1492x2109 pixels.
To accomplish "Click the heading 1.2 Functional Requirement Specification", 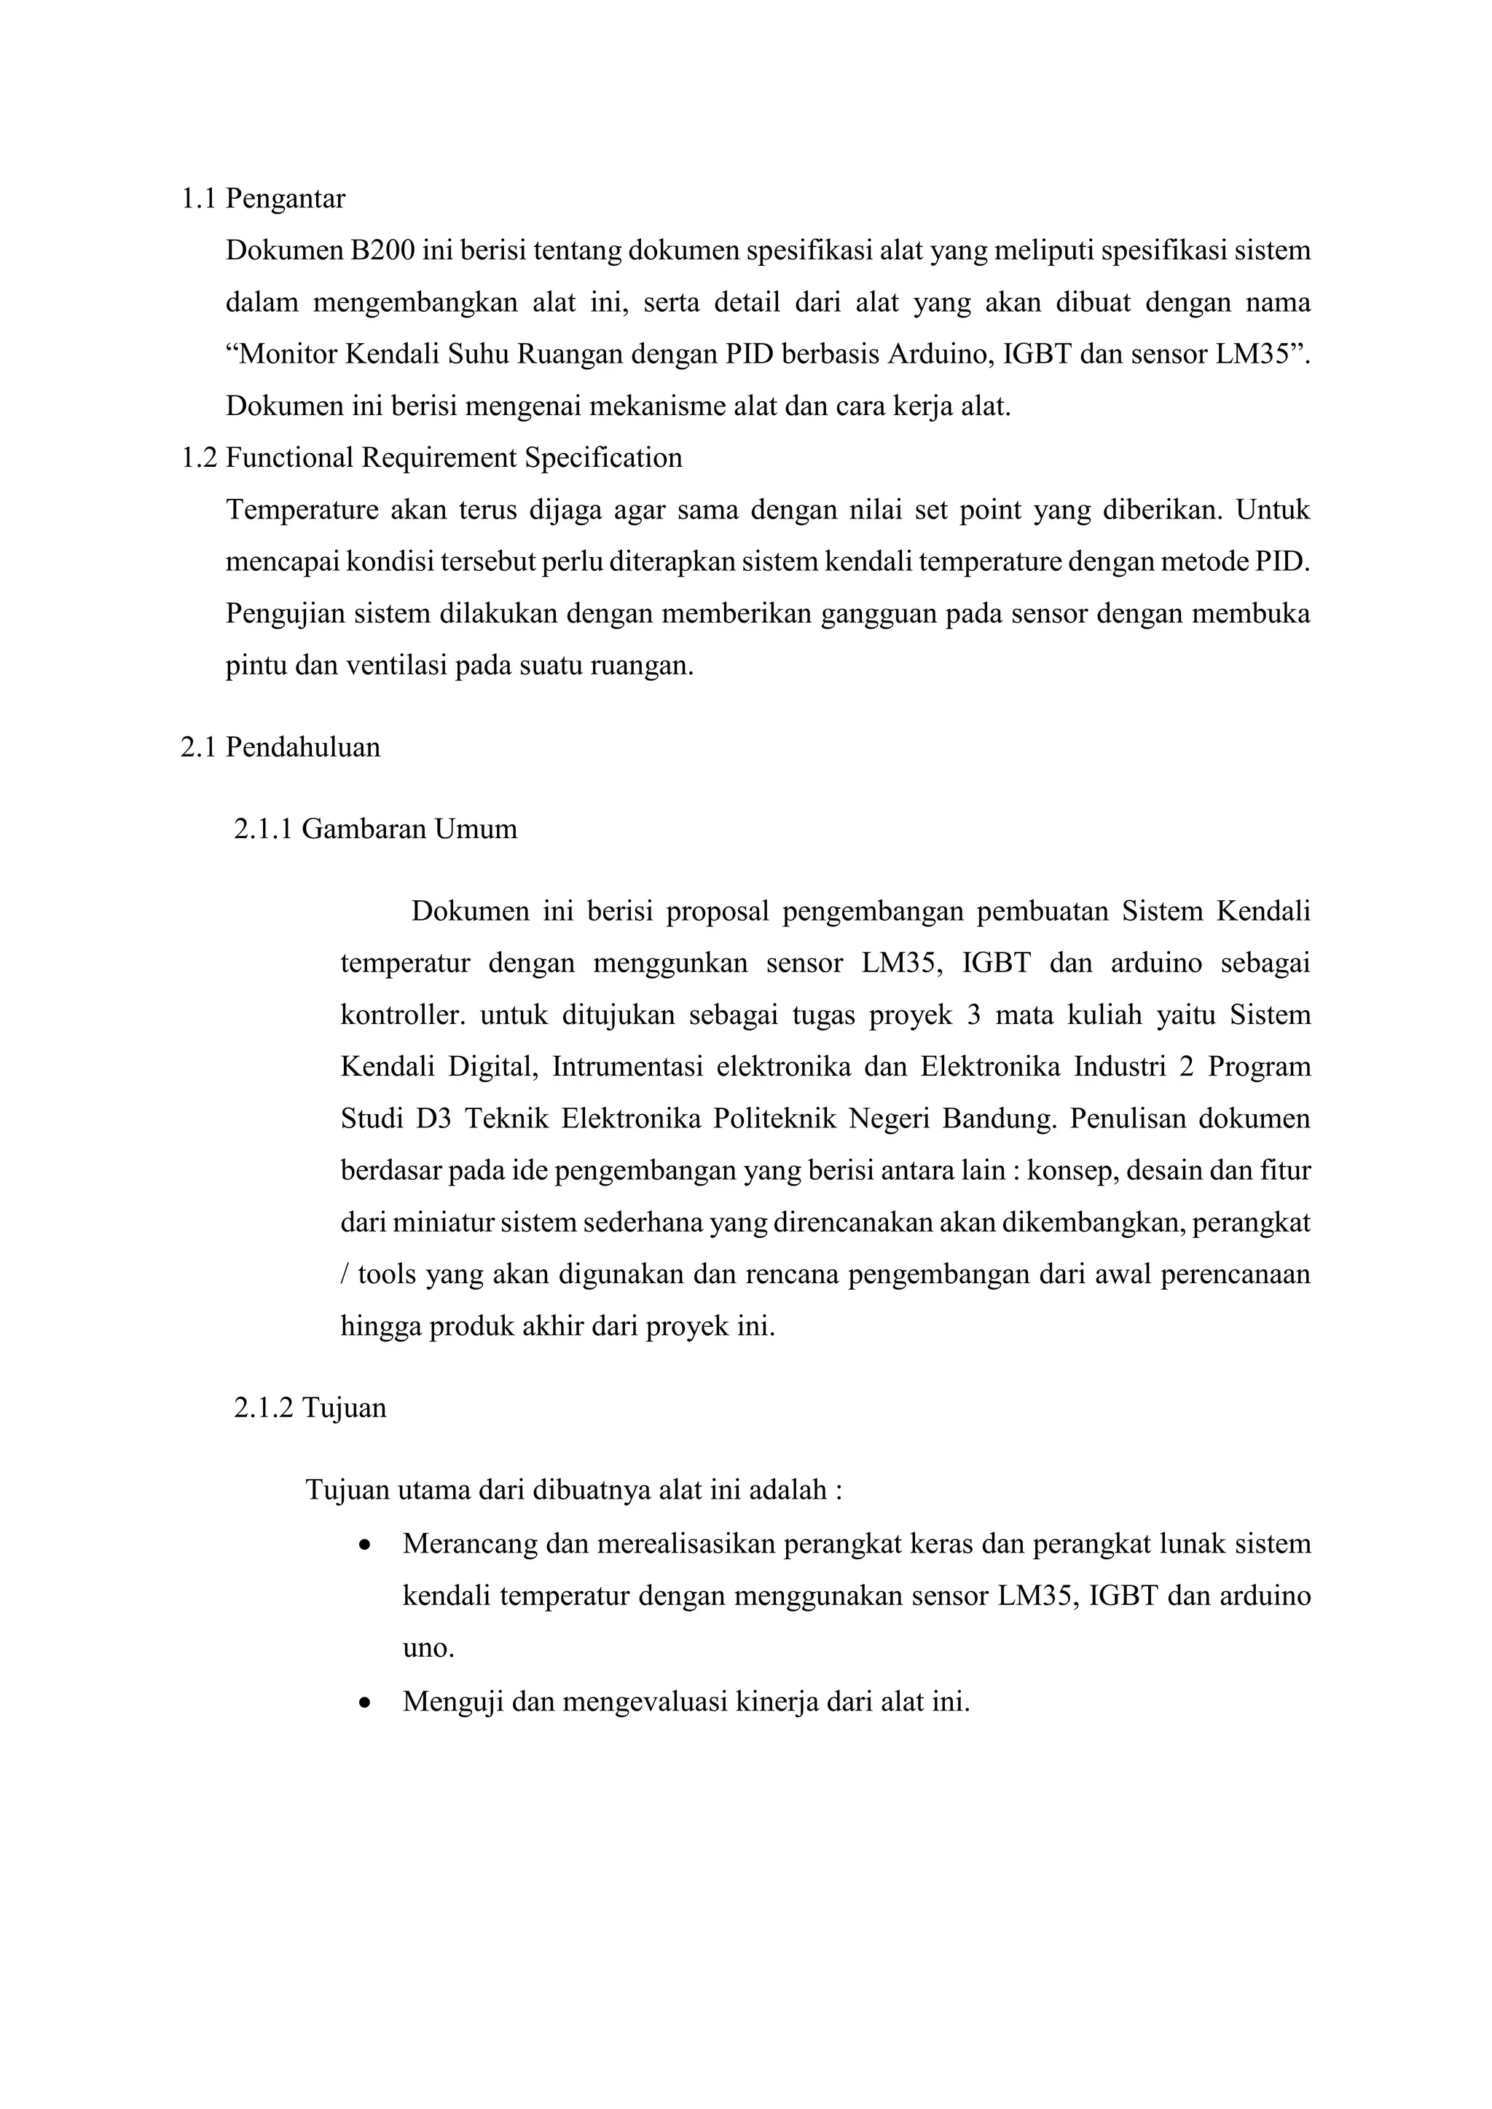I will (x=432, y=457).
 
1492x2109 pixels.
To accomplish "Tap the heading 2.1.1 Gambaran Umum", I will (x=375, y=829).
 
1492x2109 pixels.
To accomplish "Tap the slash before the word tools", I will (x=345, y=1275).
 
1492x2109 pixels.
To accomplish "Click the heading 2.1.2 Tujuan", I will (x=310, y=1408).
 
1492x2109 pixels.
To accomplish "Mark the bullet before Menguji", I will (x=366, y=1702).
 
